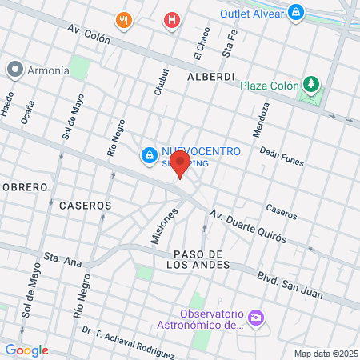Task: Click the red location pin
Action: [x=180, y=165]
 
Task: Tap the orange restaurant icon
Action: [x=122, y=20]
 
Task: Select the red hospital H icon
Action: [x=170, y=20]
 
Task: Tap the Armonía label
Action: [x=48, y=70]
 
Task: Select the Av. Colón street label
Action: [x=86, y=34]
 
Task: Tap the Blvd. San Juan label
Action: [x=290, y=287]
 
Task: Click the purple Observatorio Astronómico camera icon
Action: [x=255, y=318]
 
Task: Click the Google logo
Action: [x=26, y=350]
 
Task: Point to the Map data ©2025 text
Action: [x=326, y=354]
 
